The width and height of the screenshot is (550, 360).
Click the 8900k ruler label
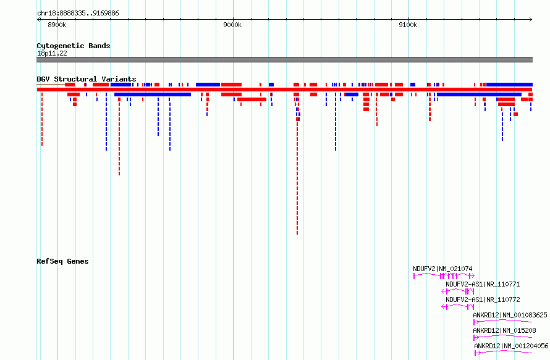[x=57, y=25]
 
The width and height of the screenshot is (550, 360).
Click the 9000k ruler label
[x=232, y=25]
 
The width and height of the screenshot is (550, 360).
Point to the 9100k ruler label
[x=408, y=25]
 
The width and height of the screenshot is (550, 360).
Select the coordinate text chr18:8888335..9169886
[x=78, y=14]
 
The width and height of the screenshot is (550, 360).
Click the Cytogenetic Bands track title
[x=74, y=46]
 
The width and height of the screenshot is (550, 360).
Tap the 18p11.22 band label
[x=52, y=53]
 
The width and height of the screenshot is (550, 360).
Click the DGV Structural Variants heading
[x=87, y=79]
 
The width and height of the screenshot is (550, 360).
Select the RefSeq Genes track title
[x=62, y=261]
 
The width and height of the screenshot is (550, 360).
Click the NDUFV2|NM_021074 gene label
[x=442, y=269]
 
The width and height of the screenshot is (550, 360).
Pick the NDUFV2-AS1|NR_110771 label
[x=483, y=284]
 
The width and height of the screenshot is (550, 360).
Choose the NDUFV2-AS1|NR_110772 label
[x=483, y=299]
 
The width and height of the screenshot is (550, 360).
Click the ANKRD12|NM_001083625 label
[x=510, y=315]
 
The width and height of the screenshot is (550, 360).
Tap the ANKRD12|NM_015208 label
[x=504, y=330]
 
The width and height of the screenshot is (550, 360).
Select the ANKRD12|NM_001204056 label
[x=511, y=346]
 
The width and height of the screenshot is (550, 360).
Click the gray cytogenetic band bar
[x=284, y=60]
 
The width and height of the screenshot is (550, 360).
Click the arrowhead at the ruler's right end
[x=531, y=20]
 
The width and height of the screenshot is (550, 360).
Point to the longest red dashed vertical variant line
[x=297, y=167]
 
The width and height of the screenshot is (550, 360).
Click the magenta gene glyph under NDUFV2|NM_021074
[x=444, y=276]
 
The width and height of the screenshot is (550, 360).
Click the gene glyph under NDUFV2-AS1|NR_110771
[x=458, y=291]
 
